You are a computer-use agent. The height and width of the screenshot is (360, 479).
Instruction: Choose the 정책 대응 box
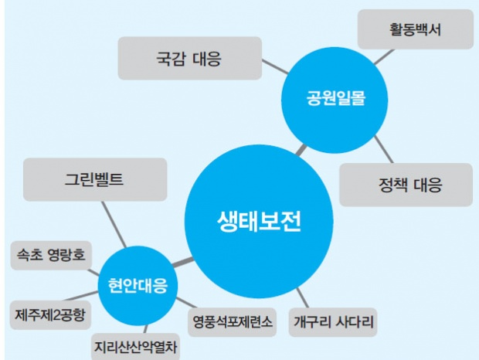pyautogui.click(x=406, y=185)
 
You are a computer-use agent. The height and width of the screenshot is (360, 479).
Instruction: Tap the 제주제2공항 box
pyautogui.click(x=52, y=314)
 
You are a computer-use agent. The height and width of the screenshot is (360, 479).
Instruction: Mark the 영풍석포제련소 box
pyautogui.click(x=231, y=321)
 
